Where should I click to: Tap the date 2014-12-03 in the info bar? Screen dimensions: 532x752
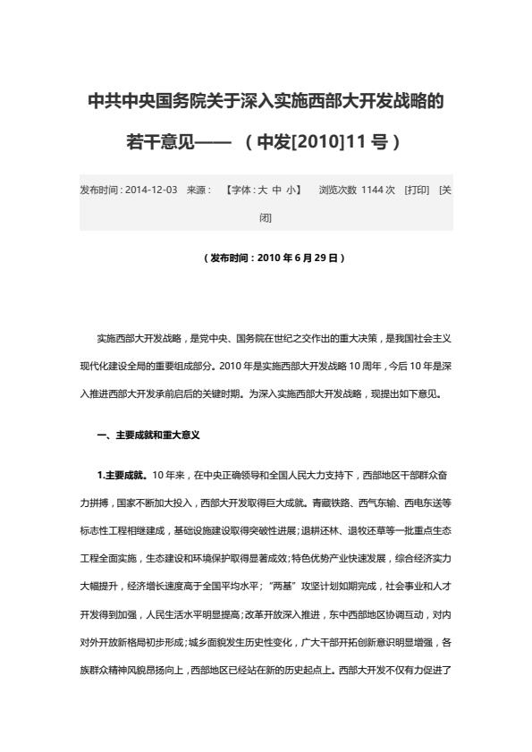click(x=151, y=190)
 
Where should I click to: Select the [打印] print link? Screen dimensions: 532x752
click(x=417, y=190)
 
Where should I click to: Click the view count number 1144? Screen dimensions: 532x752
click(x=372, y=190)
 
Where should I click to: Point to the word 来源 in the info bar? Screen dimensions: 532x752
click(x=198, y=190)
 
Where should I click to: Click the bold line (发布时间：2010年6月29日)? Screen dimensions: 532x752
click(x=266, y=258)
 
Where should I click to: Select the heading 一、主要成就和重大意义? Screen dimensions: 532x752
click(x=147, y=435)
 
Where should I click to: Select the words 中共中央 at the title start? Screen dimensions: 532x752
click(x=117, y=100)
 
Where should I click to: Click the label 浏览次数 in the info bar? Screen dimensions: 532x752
click(x=338, y=190)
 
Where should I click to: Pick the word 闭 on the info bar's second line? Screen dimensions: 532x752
click(x=266, y=217)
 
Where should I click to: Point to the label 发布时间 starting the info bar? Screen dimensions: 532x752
click(x=99, y=190)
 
